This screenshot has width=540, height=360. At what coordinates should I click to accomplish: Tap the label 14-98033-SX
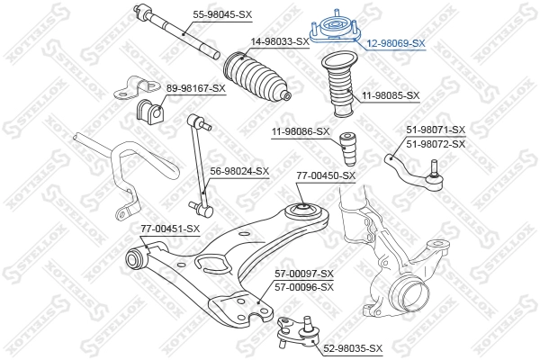click(x=280, y=41)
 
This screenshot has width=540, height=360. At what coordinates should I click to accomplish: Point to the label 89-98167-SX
click(x=196, y=87)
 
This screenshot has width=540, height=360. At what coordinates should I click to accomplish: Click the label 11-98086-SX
click(x=301, y=132)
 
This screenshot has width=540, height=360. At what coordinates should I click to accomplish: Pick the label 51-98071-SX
click(x=436, y=130)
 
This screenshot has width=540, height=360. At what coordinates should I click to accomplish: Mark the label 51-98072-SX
click(x=436, y=144)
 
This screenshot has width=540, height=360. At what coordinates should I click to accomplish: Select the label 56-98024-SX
click(x=239, y=171)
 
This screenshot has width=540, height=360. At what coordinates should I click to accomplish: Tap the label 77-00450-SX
click(x=326, y=175)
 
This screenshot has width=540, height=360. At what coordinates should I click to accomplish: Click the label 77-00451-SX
click(x=169, y=229)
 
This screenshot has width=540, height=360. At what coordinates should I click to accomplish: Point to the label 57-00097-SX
click(x=303, y=274)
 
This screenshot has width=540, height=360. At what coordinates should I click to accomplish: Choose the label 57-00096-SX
click(x=303, y=287)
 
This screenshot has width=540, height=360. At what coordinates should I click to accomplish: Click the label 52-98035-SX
click(x=353, y=348)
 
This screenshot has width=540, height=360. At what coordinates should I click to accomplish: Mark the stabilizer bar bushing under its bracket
click(x=147, y=112)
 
